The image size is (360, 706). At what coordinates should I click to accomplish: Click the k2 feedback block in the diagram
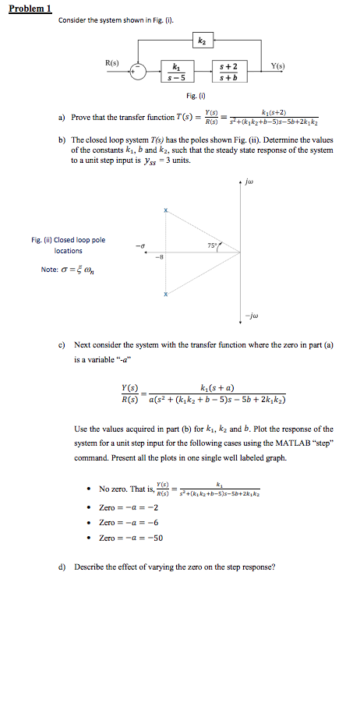(x=203, y=41)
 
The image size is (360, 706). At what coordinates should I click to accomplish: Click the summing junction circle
(x=139, y=71)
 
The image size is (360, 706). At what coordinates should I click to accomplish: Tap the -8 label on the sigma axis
(x=161, y=259)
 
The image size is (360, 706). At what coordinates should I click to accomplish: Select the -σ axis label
(x=139, y=247)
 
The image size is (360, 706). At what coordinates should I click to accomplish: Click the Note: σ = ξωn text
(x=65, y=270)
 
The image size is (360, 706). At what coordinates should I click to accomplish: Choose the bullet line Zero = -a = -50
(x=131, y=538)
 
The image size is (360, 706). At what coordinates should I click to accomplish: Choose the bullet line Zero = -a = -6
(x=129, y=522)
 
